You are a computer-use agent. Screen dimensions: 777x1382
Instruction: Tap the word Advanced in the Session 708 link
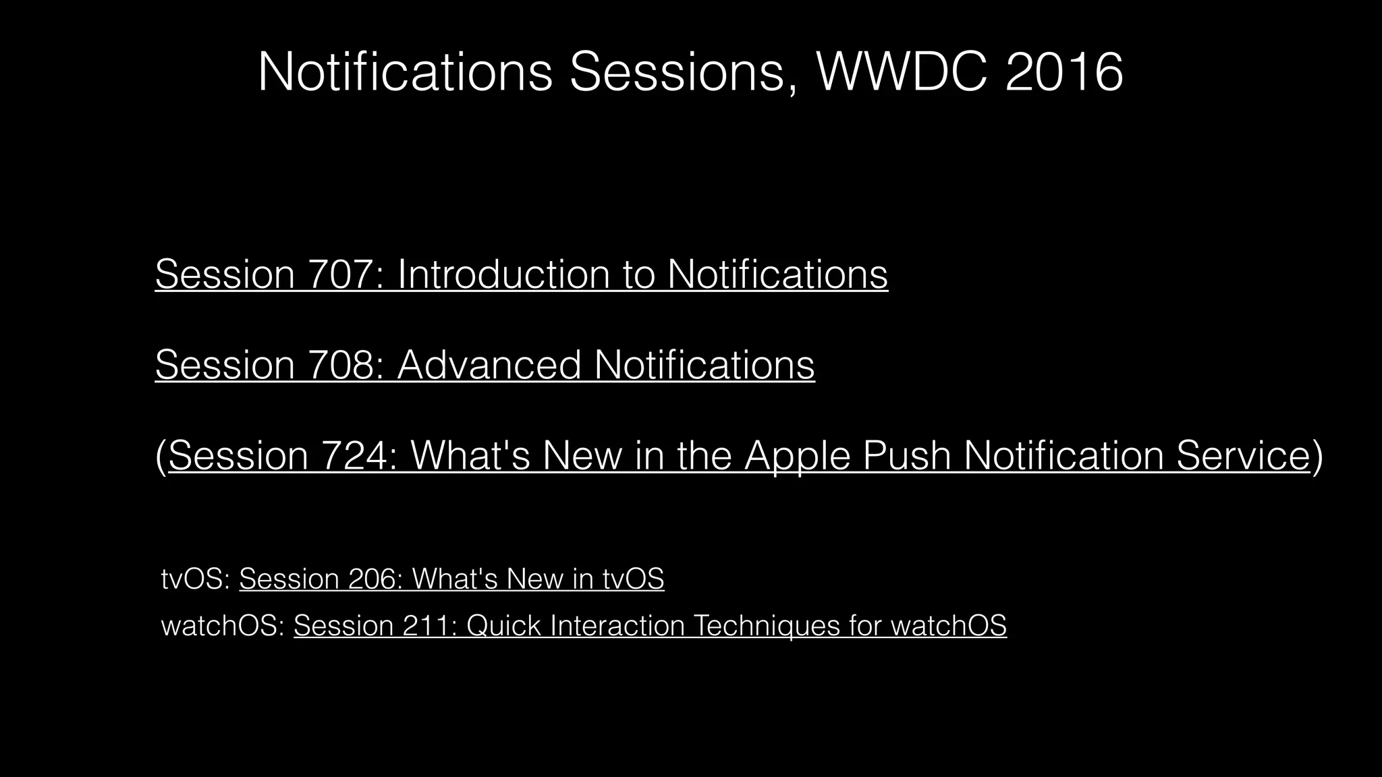click(489, 365)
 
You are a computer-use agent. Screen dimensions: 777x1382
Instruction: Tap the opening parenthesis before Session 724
click(161, 457)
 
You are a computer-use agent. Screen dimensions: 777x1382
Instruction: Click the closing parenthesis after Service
click(1317, 457)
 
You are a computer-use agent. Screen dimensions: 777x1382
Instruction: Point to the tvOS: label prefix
click(196, 579)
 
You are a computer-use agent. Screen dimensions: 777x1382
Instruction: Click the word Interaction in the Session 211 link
click(617, 625)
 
